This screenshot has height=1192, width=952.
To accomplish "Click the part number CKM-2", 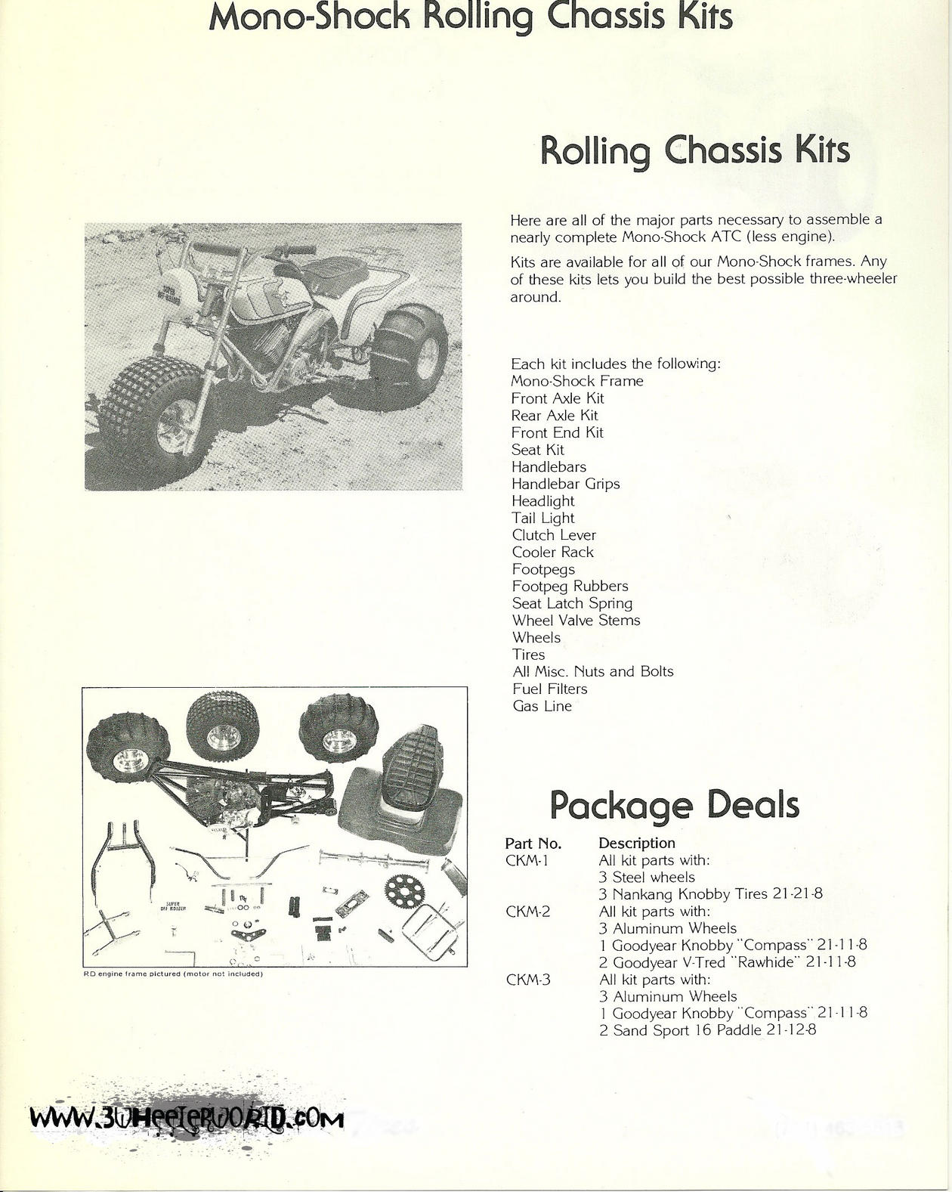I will tap(527, 912).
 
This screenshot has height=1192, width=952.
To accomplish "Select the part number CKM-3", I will tap(527, 980).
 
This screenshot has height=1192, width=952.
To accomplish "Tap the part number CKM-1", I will tap(527, 860).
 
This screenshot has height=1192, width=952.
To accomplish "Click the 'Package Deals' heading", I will tap(674, 806).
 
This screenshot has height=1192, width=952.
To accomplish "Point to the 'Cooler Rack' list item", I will tap(552, 553).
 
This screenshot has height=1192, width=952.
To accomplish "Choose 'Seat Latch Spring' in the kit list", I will tap(572, 603).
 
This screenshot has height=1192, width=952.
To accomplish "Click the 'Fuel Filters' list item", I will tap(549, 689).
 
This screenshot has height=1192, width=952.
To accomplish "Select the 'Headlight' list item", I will tap(542, 501).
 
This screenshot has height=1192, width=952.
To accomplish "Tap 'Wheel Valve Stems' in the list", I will tap(576, 621).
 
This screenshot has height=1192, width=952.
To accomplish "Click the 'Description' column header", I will tap(636, 843).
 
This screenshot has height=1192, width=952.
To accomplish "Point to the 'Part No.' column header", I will tap(533, 843).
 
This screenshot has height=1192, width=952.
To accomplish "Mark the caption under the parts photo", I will tap(172, 974).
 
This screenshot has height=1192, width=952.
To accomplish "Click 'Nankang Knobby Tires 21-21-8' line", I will tap(710, 894).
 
